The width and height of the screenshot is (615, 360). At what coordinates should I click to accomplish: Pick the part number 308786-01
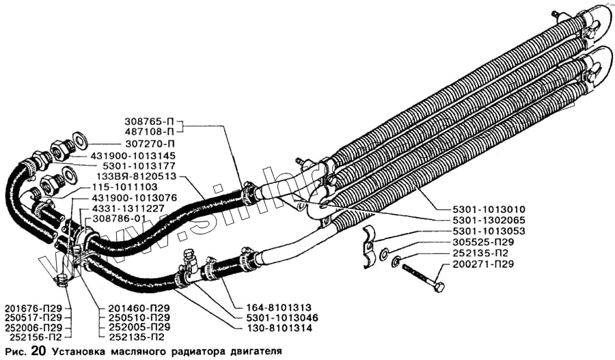pos(121,218)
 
